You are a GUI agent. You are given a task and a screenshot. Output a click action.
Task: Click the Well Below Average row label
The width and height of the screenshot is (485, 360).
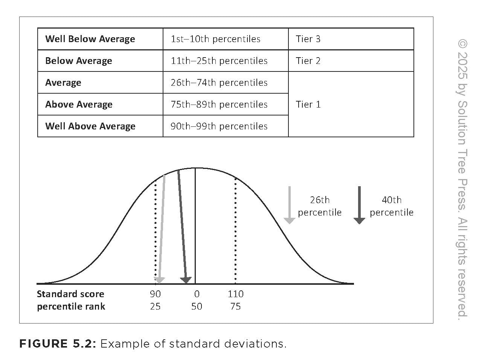point(90,39)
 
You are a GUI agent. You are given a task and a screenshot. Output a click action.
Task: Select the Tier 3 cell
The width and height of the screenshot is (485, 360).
point(308,39)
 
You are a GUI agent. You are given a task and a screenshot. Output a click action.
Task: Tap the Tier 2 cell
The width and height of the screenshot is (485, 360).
point(308,61)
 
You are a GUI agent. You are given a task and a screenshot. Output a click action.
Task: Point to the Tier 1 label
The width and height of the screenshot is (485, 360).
point(308,105)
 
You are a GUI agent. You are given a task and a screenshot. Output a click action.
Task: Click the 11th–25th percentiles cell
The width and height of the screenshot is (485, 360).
point(219,61)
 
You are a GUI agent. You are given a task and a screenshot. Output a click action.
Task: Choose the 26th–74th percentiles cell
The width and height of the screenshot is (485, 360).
point(219,83)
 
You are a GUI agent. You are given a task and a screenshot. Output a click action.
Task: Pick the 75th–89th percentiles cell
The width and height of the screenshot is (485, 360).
point(219,105)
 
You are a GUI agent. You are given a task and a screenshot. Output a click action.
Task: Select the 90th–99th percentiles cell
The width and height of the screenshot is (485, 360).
point(219,126)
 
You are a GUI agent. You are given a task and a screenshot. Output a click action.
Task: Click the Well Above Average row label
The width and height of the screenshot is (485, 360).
point(90,126)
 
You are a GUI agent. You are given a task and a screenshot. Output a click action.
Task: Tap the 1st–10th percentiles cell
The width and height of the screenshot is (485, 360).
point(215,39)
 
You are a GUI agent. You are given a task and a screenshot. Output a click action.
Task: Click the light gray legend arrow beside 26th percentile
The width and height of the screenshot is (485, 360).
point(289,205)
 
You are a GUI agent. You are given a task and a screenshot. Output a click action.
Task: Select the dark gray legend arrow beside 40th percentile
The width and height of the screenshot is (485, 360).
point(359,205)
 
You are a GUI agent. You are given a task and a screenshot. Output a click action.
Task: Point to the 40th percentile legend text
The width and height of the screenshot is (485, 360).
point(391,206)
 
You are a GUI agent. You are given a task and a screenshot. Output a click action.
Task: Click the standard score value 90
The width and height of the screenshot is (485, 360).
point(155,294)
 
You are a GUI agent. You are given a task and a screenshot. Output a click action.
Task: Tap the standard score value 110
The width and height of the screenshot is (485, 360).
point(235,294)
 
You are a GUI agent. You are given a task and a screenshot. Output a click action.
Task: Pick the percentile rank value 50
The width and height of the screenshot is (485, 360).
point(197,307)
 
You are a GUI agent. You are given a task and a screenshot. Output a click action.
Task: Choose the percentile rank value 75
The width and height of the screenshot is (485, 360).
point(235,307)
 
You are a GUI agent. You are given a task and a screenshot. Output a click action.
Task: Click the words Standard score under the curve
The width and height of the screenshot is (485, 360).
point(70,294)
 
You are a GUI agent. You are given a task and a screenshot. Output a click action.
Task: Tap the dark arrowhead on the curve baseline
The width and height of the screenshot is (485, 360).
point(186,280)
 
